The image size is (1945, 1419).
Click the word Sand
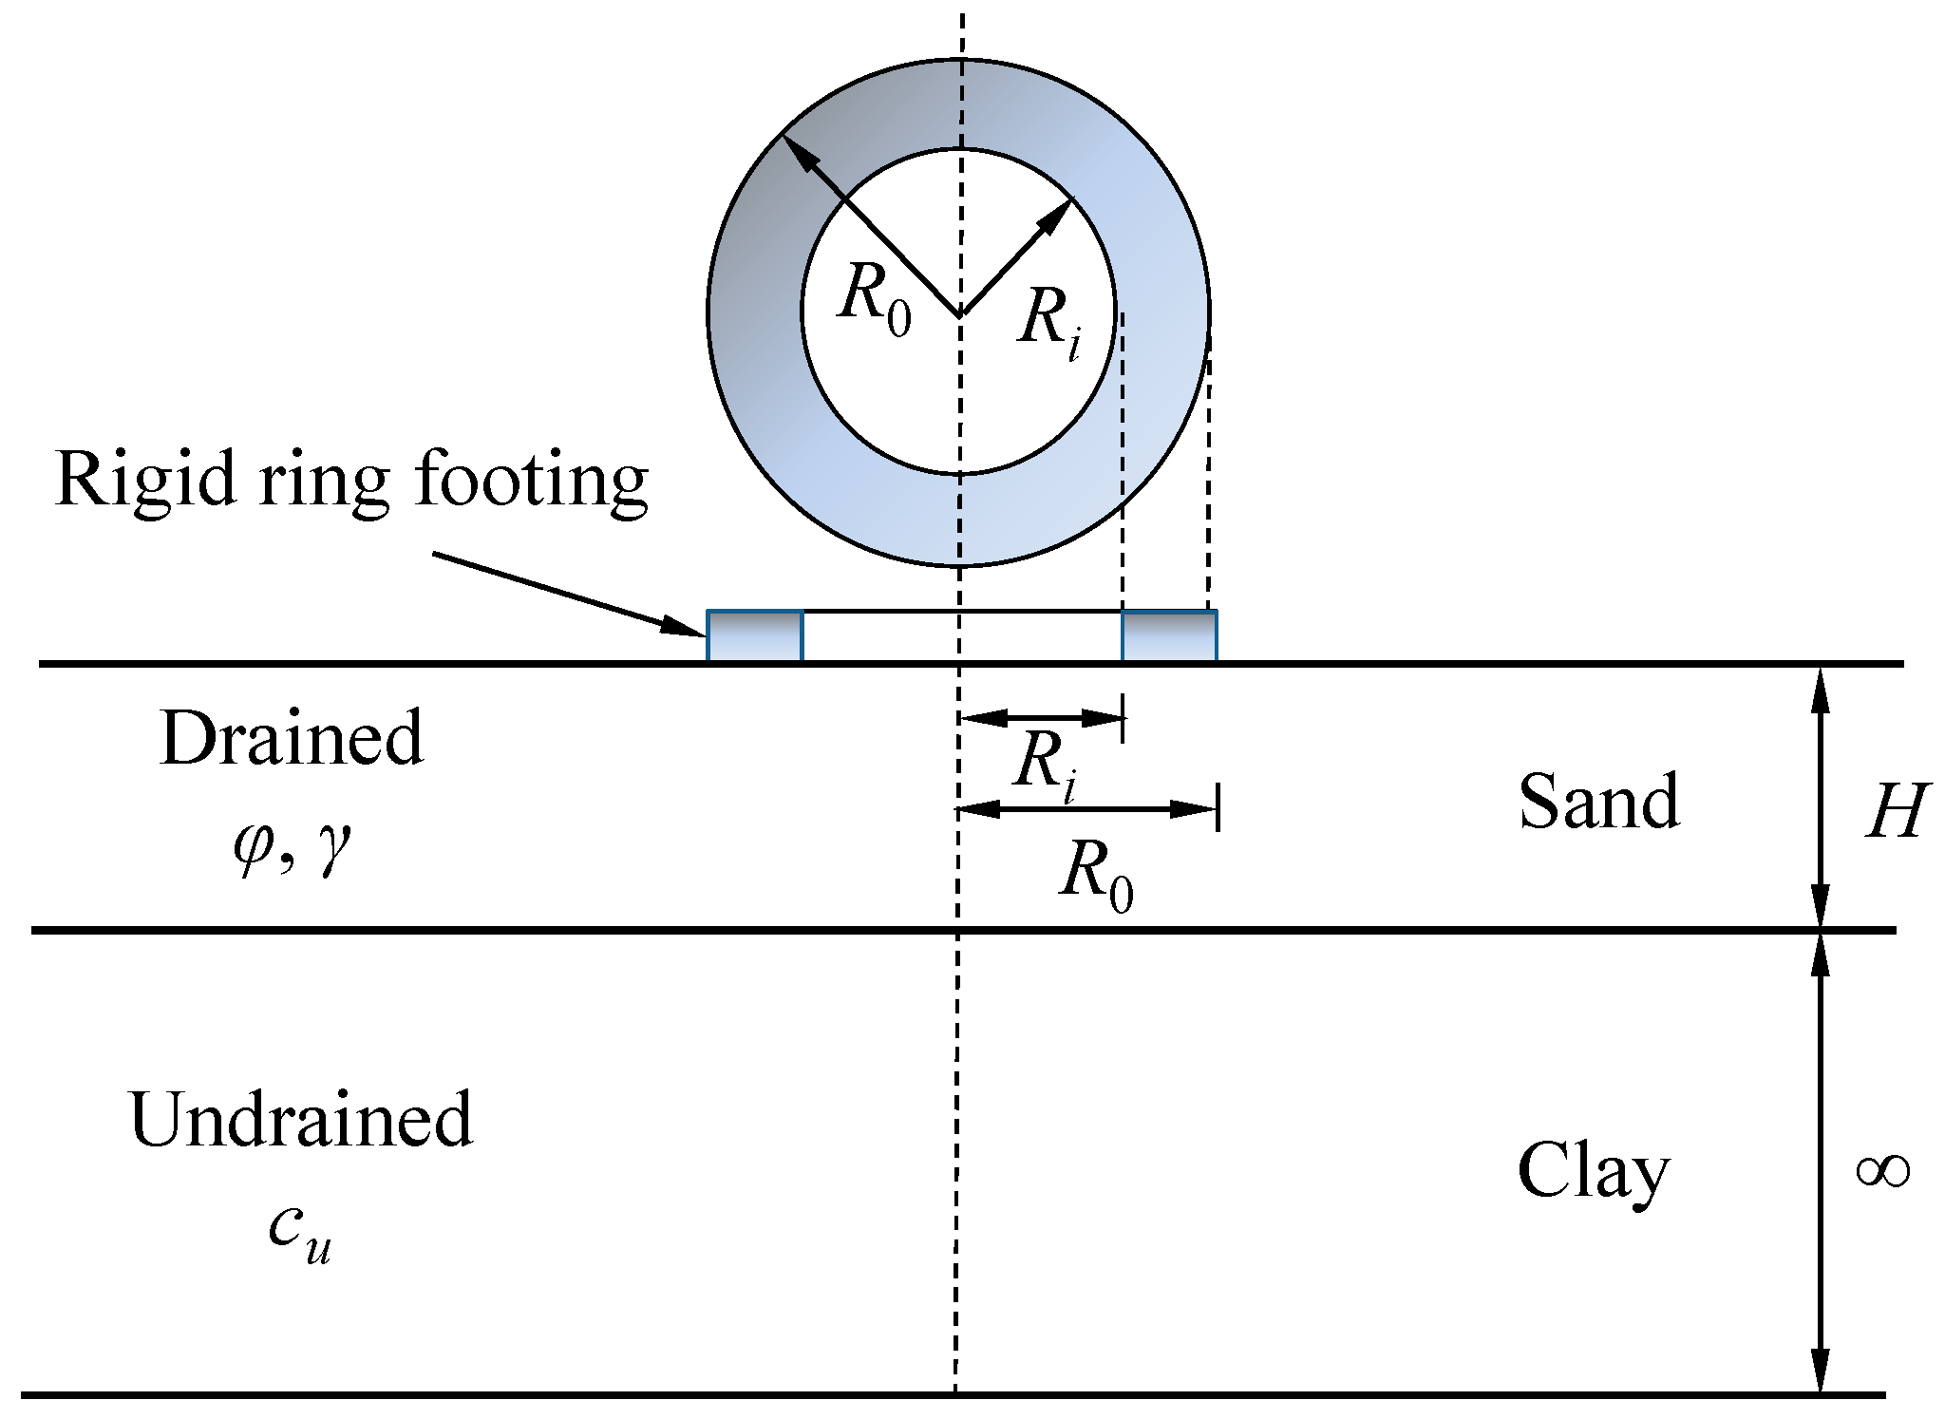click(1599, 802)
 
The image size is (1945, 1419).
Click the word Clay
click(1593, 1172)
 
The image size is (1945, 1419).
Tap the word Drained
click(292, 738)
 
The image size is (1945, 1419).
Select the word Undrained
click(300, 1120)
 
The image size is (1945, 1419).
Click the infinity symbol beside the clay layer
click(1882, 1171)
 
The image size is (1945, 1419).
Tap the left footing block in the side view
click(755, 635)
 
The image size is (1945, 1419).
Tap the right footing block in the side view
click(1169, 635)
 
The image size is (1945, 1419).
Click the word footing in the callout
click(532, 481)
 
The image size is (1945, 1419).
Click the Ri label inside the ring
click(1049, 320)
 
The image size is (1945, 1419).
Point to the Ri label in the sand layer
click(1046, 766)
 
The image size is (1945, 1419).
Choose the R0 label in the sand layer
click(1096, 874)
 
